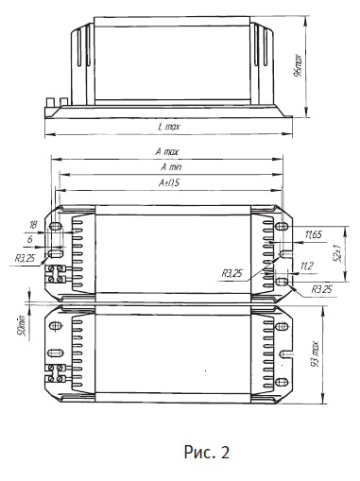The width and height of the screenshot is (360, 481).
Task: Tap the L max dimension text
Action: coord(169,127)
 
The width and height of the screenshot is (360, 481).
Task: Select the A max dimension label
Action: coord(167,152)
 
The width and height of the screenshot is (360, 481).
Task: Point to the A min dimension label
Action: coord(171,167)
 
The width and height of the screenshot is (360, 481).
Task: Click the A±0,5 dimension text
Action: coord(169,182)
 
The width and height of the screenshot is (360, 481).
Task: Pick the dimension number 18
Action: coord(33,225)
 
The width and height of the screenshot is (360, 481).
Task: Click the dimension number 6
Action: coord(30,239)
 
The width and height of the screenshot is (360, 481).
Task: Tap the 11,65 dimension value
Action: coord(313,234)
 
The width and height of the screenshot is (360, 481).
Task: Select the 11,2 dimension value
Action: coord(307,266)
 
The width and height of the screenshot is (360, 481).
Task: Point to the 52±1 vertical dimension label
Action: coord(338,252)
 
